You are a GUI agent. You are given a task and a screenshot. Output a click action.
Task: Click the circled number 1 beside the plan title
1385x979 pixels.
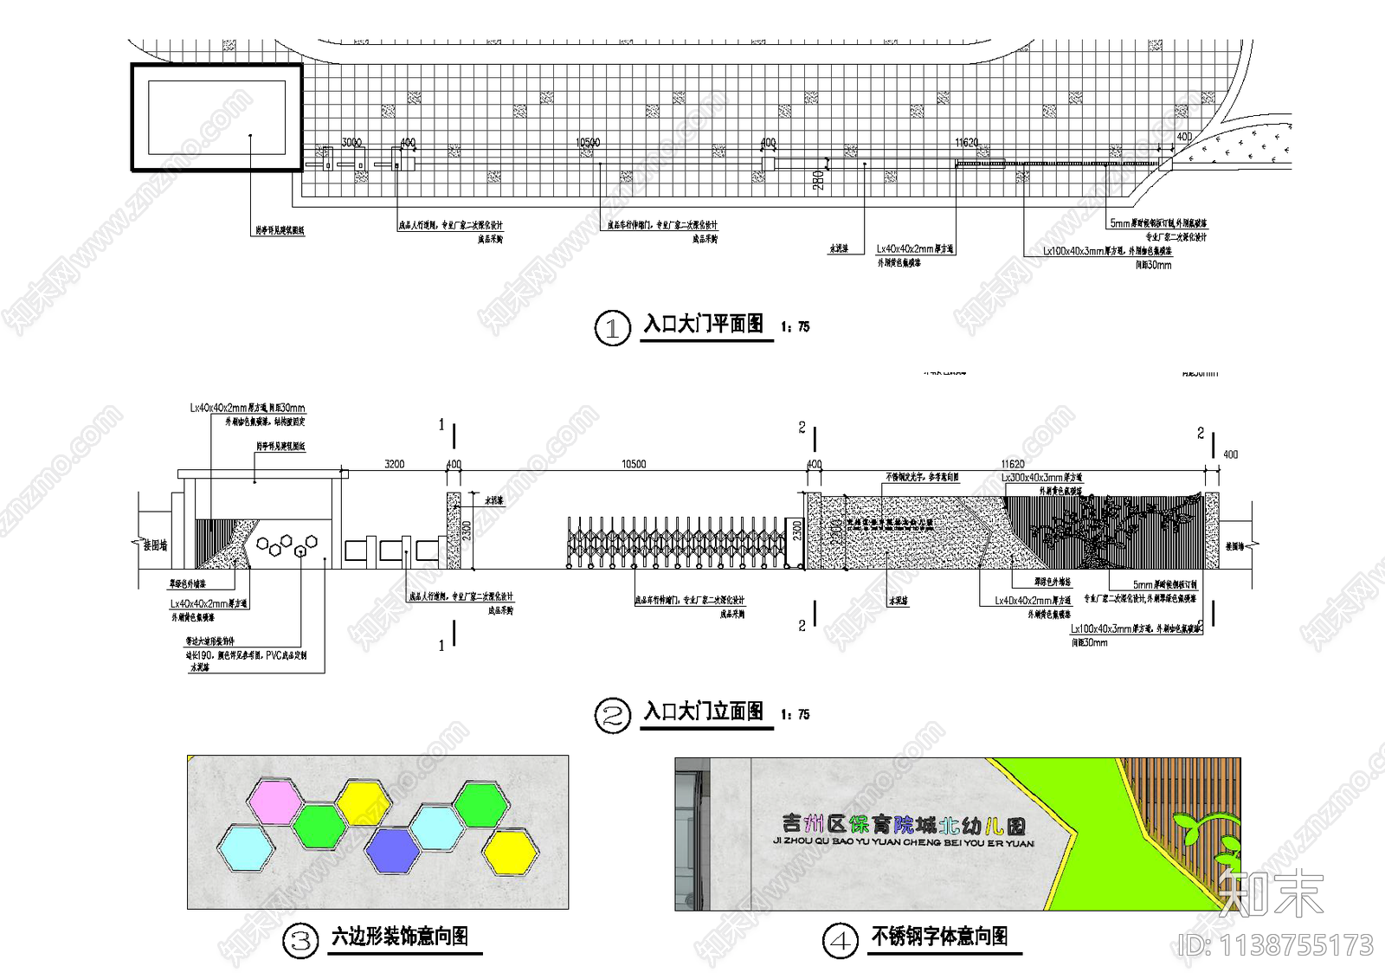[613, 328]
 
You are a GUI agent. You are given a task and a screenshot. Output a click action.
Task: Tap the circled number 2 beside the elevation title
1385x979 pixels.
[613, 716]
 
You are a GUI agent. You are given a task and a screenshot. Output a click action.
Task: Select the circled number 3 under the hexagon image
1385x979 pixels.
[301, 940]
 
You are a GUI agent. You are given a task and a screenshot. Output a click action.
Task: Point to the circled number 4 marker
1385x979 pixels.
[841, 940]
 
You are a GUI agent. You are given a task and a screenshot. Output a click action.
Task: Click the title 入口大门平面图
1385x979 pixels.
[704, 325]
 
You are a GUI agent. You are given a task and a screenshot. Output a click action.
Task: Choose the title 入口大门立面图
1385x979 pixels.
[704, 712]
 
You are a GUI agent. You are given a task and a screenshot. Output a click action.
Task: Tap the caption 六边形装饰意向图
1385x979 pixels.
[400, 937]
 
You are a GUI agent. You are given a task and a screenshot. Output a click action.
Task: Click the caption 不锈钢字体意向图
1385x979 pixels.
[939, 937]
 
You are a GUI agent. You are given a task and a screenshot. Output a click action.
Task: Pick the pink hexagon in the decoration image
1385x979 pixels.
[274, 801]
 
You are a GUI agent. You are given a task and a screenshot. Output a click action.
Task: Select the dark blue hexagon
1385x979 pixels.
[393, 850]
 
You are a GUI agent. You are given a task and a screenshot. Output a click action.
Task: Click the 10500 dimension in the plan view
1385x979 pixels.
[588, 143]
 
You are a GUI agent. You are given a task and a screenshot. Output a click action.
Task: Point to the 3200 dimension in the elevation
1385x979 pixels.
[394, 465]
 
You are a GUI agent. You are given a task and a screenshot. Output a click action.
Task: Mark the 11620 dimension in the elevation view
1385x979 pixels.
[1012, 465]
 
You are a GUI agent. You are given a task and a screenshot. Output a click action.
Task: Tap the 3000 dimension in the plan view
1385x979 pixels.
[351, 143]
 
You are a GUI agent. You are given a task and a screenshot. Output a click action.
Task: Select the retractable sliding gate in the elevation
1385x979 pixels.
[675, 543]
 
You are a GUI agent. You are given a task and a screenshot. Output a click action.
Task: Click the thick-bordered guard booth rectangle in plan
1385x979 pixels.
[216, 117]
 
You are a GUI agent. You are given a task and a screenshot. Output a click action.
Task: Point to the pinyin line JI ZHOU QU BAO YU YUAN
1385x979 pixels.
[903, 842]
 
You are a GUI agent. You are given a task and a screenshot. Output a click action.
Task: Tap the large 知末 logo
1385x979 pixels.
[1270, 892]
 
